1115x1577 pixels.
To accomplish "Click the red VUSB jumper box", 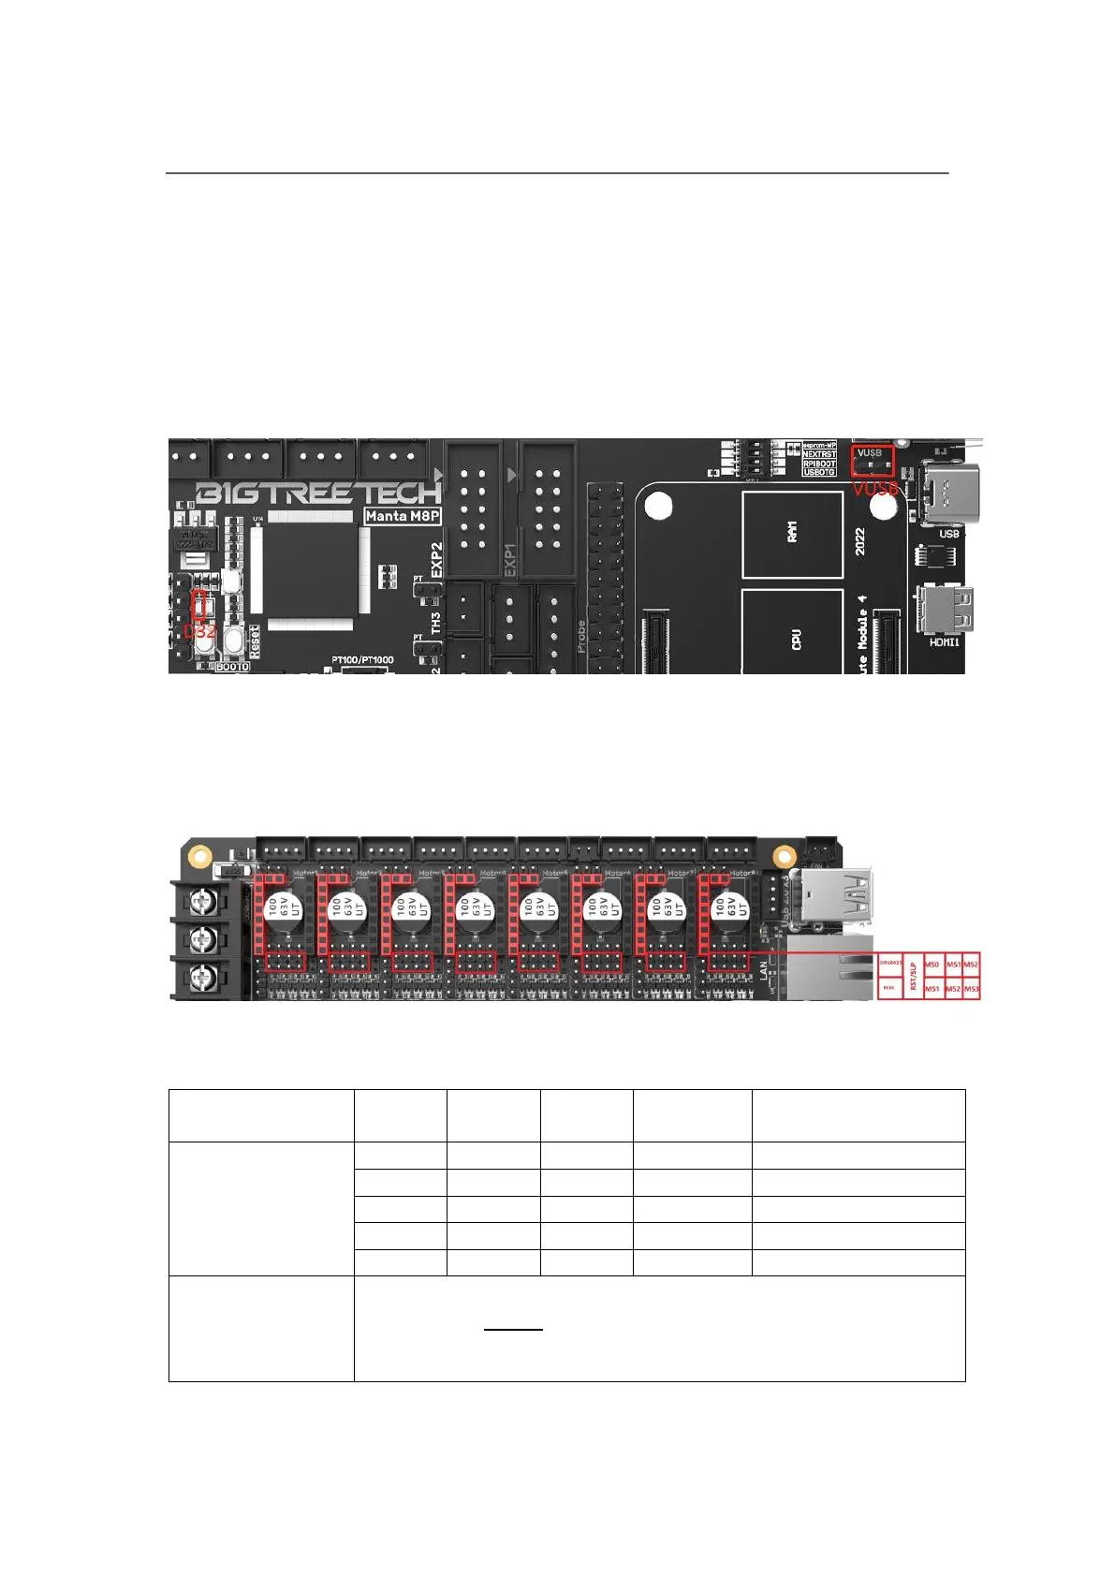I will click(x=872, y=460).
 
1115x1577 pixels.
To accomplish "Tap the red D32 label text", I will click(x=199, y=631).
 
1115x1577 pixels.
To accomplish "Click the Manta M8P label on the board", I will click(x=403, y=516).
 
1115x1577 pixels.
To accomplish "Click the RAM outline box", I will click(x=792, y=534).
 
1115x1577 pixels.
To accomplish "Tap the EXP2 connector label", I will click(x=436, y=558).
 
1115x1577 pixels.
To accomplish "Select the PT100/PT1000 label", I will click(x=362, y=660).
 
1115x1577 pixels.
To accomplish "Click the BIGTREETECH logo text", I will click(x=318, y=493).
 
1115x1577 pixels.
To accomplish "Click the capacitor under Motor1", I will click(x=282, y=907).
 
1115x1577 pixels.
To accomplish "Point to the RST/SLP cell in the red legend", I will click(x=913, y=975).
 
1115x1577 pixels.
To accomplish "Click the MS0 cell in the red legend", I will click(x=932, y=964).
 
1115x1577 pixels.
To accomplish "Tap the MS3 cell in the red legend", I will click(x=972, y=989).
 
